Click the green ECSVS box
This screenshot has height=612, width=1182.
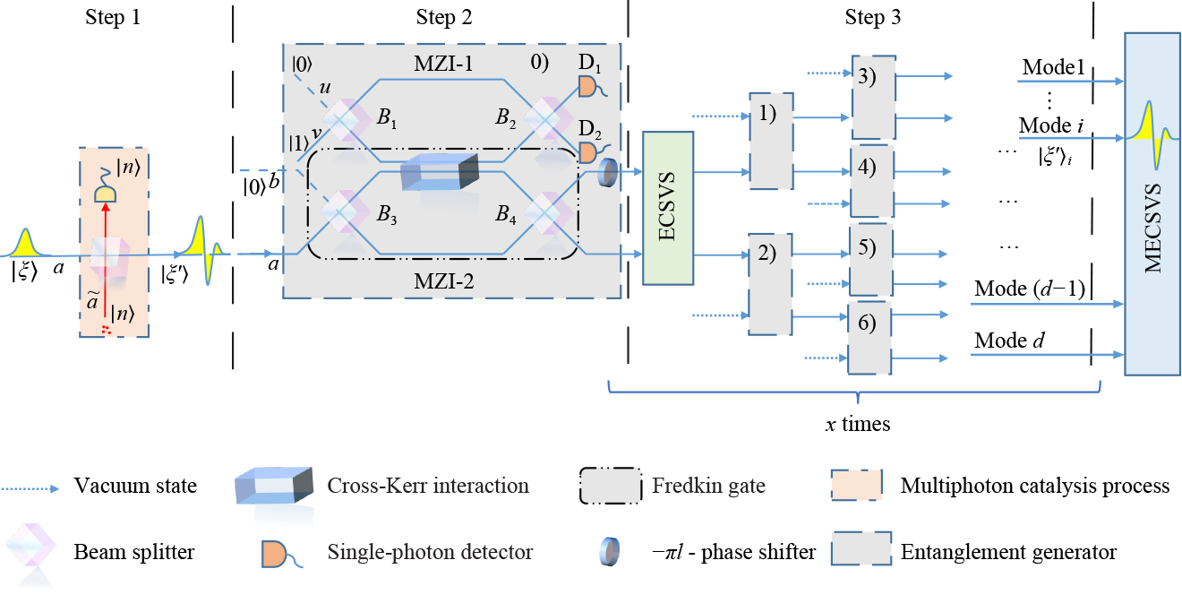tap(668, 208)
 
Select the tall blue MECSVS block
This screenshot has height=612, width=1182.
tap(1152, 203)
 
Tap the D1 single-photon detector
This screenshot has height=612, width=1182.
tap(587, 86)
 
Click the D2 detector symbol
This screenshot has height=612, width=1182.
tap(587, 151)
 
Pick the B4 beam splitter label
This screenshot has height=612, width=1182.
tap(510, 216)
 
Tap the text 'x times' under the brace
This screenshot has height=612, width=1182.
tap(858, 424)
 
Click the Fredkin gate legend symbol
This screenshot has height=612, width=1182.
tap(612, 487)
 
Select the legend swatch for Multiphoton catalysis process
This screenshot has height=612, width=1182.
tap(861, 487)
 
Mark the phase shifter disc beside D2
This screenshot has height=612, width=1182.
tap(609, 170)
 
